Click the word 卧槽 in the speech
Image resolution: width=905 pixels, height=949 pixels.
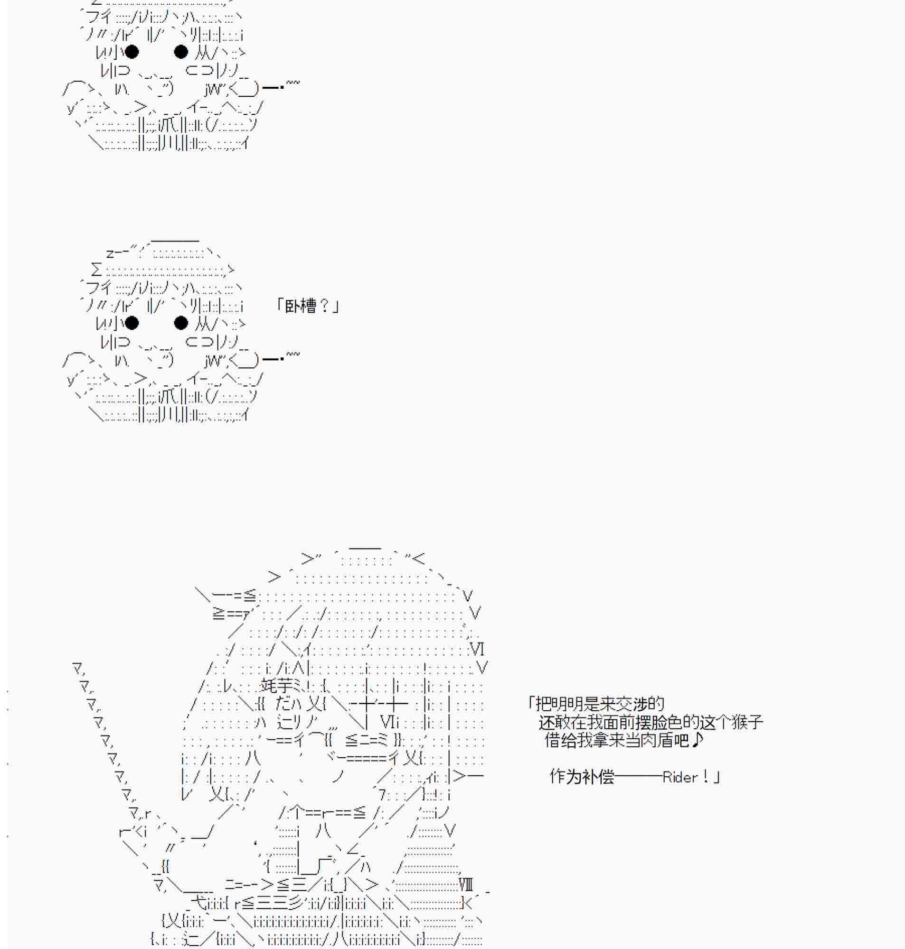click(301, 306)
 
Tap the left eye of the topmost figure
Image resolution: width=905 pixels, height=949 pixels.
click(131, 52)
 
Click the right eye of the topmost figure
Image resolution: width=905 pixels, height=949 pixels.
click(181, 52)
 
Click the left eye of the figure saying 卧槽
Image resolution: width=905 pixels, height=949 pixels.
click(131, 323)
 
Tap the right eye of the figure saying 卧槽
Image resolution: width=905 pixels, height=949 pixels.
click(181, 323)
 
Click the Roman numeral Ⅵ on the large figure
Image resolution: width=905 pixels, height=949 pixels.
click(477, 649)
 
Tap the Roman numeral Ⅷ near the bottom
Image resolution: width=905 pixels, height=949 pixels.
click(466, 884)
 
